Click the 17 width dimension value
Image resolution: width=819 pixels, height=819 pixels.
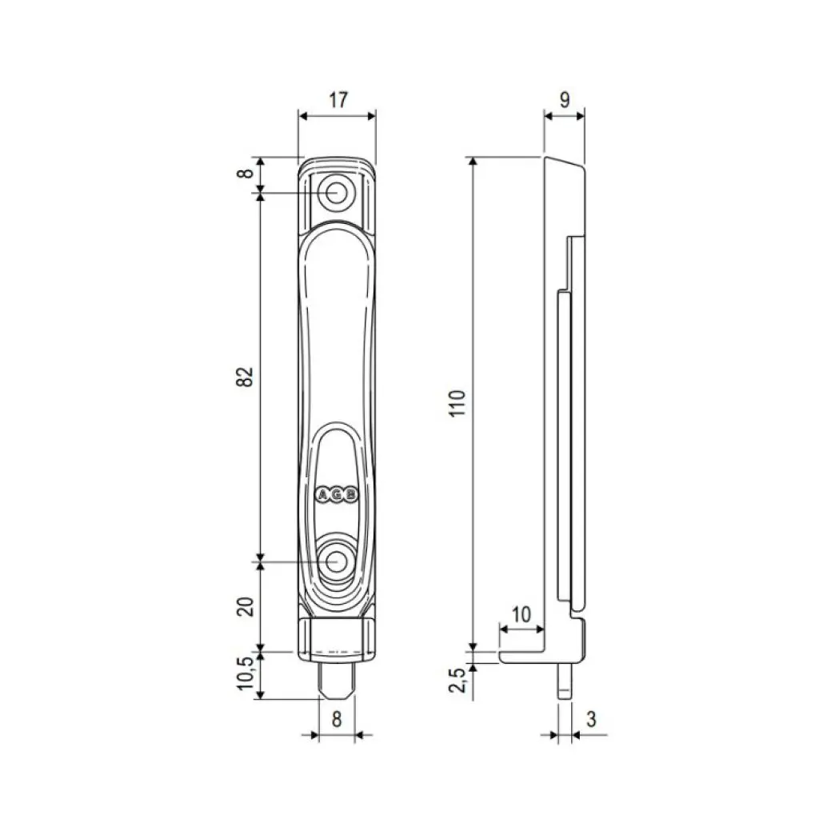tap(338, 100)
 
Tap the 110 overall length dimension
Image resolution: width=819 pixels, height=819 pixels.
tap(457, 403)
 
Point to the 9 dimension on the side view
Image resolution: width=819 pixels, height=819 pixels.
tap(564, 100)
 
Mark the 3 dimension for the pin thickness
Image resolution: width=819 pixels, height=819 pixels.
tap(590, 719)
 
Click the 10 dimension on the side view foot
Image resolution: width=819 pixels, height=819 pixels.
tap(521, 614)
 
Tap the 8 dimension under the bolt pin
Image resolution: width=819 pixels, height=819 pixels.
tap(337, 719)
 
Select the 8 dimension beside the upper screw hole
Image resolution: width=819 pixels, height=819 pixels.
tap(247, 171)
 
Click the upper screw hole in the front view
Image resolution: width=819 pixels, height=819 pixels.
tap(336, 193)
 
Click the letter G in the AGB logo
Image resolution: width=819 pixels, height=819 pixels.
tap(337, 495)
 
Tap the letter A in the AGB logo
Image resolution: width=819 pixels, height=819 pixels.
tap(324, 495)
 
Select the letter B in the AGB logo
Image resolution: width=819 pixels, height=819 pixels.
tap(350, 495)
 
